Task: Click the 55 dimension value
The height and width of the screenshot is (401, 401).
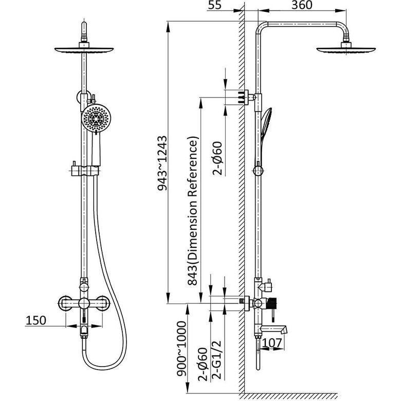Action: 214,5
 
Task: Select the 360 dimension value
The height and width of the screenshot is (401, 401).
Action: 302,5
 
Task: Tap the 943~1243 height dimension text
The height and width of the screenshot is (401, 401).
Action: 162,163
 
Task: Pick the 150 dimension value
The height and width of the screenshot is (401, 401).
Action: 36,320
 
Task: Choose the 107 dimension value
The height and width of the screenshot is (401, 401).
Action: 272,343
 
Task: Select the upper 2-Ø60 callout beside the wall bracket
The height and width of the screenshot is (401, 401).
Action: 217,158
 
